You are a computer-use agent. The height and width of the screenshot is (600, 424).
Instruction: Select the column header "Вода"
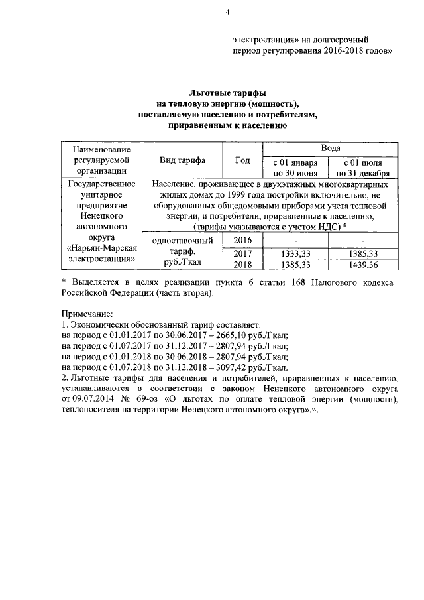(x=331, y=149)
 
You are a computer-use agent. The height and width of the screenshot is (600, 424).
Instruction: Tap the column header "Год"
(x=243, y=160)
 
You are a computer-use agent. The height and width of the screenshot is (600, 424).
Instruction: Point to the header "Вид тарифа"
(x=182, y=160)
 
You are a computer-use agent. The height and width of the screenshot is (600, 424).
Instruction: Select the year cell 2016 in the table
(x=243, y=240)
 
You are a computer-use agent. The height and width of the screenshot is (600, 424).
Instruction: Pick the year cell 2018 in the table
(x=243, y=265)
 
